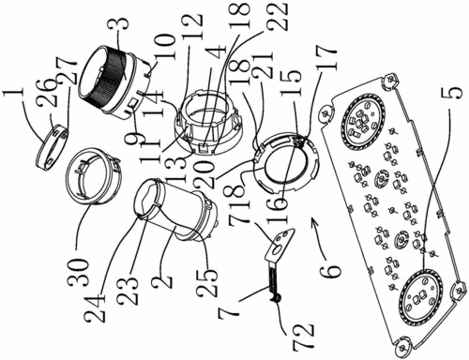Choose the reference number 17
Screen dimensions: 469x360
[x=326, y=60]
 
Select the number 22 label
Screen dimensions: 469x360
[x=278, y=16]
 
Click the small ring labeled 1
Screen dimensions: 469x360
[x=52, y=146]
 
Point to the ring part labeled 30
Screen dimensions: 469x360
[x=93, y=176]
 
